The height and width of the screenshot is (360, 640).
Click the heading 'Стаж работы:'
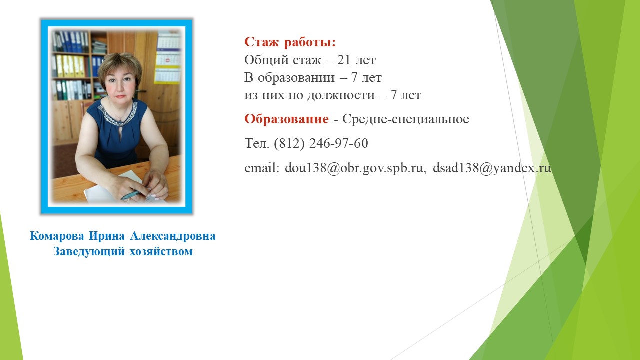tap(290, 42)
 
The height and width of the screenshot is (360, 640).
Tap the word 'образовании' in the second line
tap(291, 77)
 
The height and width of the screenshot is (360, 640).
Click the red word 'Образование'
tap(286, 119)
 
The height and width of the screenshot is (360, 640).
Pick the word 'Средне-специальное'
tap(405, 119)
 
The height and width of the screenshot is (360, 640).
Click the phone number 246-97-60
tap(339, 143)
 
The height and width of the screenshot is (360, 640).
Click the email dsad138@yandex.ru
tap(492, 168)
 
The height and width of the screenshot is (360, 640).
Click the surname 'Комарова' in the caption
tap(57, 236)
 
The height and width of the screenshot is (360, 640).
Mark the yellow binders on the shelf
tap(70, 66)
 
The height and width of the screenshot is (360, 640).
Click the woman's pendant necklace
tap(120, 120)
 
